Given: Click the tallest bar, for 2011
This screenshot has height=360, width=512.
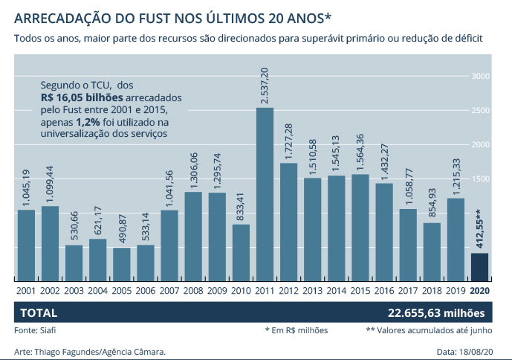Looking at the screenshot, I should tap(265, 193).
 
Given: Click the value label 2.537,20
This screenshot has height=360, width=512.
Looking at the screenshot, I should tap(265, 86).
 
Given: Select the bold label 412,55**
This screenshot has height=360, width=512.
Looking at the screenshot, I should tap(480, 228).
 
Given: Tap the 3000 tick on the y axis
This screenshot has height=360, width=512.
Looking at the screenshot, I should tap(481, 77).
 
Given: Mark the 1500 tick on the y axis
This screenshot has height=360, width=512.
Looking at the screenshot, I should tap(481, 179).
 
